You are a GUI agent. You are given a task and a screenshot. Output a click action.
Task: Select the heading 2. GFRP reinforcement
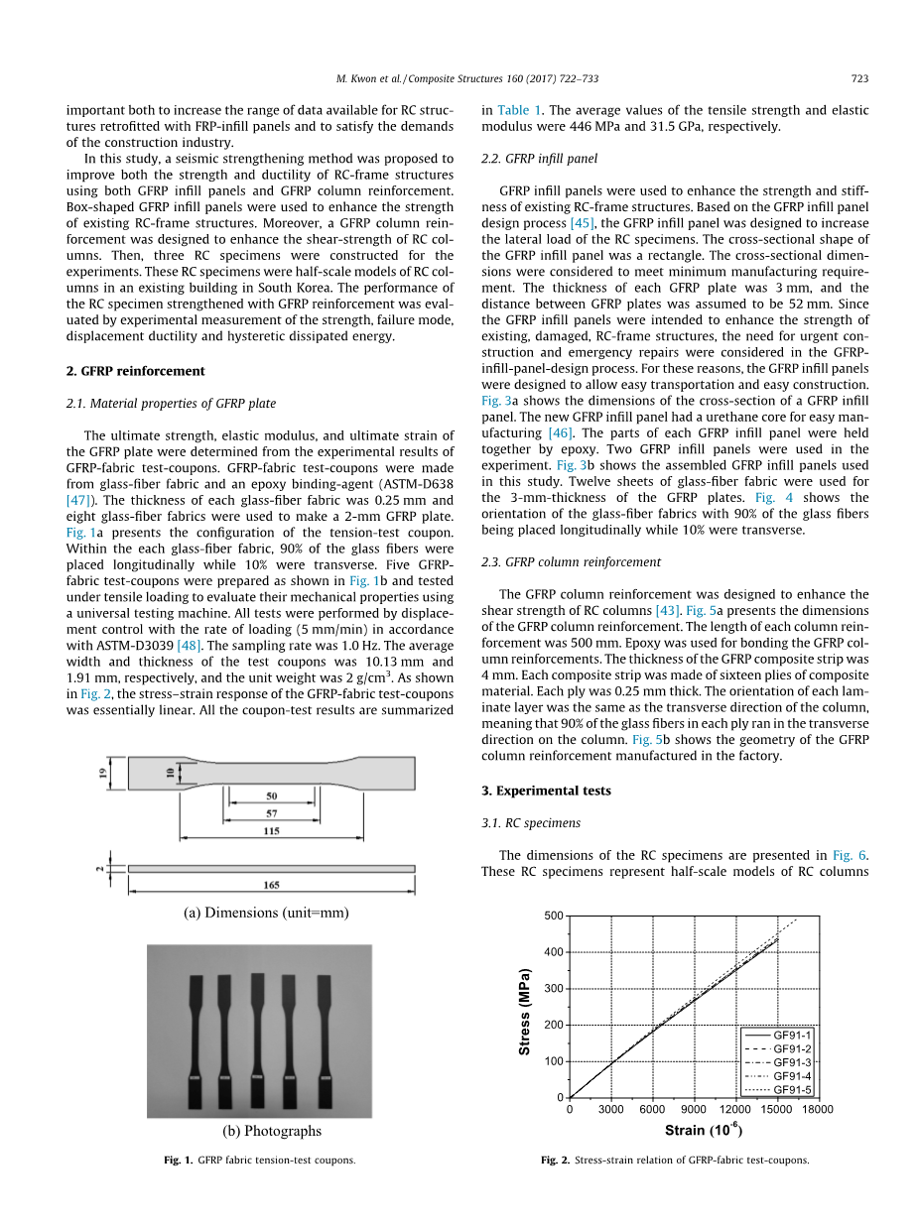tap(135, 371)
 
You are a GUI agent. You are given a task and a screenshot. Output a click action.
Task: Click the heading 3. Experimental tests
tap(546, 791)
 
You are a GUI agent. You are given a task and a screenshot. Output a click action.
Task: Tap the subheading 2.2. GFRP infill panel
tap(540, 159)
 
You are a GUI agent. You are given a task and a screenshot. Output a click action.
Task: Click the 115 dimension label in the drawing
tap(271, 831)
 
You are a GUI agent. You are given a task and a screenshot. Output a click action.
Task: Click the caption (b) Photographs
tap(272, 1131)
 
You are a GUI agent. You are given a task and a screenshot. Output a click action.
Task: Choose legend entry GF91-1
tap(792, 1036)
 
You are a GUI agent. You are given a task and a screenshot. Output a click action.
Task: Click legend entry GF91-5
tap(792, 1089)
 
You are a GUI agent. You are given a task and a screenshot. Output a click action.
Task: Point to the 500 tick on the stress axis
tap(553, 916)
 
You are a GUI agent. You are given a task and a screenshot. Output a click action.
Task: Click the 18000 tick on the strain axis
tap(818, 1110)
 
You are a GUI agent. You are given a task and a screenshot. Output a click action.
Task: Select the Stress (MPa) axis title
tap(526, 1011)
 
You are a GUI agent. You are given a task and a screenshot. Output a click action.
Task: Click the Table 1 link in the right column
tap(519, 110)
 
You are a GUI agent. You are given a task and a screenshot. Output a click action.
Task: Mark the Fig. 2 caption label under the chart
tap(555, 1160)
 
